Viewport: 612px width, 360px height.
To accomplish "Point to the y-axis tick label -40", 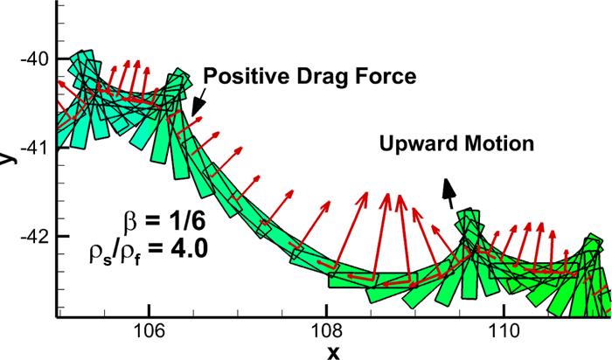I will point(38,59).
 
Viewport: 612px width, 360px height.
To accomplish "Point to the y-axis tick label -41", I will point(38,148).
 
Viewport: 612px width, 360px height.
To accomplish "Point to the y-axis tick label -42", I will point(38,237).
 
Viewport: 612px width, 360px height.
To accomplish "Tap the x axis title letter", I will point(333,351).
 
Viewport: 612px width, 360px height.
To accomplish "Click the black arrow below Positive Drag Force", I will point(198,100).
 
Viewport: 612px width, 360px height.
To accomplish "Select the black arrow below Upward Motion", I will point(450,193).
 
